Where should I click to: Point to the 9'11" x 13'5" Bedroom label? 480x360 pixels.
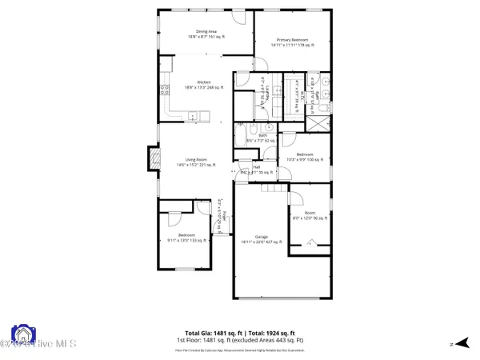click(186, 238)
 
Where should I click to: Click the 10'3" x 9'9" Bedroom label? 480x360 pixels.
click(305, 157)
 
